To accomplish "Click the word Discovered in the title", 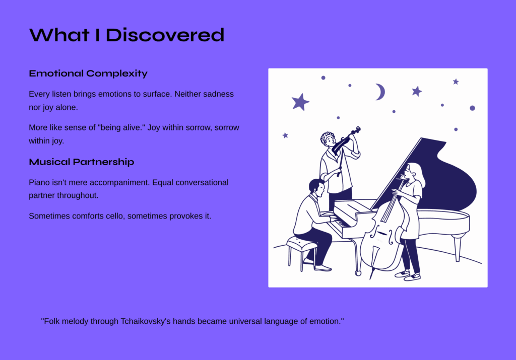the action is point(165,35).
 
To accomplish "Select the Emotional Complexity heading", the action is point(88,74).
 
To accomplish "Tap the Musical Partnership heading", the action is point(82,162).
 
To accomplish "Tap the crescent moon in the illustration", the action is point(380,92).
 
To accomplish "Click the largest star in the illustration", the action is point(300,102).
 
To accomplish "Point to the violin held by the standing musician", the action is point(346,140).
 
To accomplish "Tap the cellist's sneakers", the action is point(408,275).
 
